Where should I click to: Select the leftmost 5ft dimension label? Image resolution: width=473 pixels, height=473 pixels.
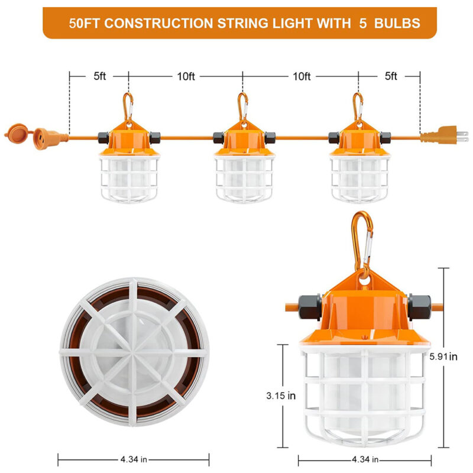[99, 76]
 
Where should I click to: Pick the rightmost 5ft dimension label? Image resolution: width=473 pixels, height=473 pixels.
[391, 76]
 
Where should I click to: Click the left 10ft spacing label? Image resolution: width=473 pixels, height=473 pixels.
[186, 76]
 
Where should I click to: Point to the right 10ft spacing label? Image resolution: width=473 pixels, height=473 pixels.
[301, 76]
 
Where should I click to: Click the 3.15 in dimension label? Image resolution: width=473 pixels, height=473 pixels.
[280, 396]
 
